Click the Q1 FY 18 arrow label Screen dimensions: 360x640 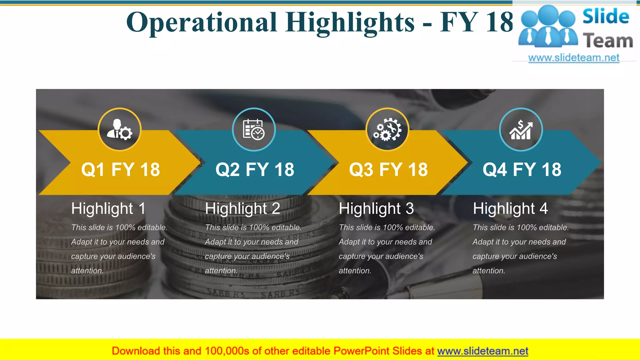pos(120,170)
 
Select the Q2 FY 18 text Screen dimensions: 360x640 pos(255,170)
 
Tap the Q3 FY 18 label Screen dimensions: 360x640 pos(388,170)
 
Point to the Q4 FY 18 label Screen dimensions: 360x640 pos(522,170)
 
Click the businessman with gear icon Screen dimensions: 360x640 pos(120,129)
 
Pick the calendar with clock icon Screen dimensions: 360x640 pos(254,129)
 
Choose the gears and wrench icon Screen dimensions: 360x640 pos(387,129)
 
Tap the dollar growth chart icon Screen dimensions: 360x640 pos(521,129)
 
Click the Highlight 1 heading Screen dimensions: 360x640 pos(108,208)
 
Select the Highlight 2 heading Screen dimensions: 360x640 pos(242,208)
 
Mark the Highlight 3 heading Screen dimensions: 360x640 pos(376,208)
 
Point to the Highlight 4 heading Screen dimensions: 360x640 pos(510,208)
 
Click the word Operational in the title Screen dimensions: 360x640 pos(202,22)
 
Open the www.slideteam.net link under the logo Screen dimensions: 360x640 pos(574,58)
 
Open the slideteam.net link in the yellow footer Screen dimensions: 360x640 pos(482,351)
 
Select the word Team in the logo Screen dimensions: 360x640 pos(608,41)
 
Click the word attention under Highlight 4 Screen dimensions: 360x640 pos(488,271)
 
